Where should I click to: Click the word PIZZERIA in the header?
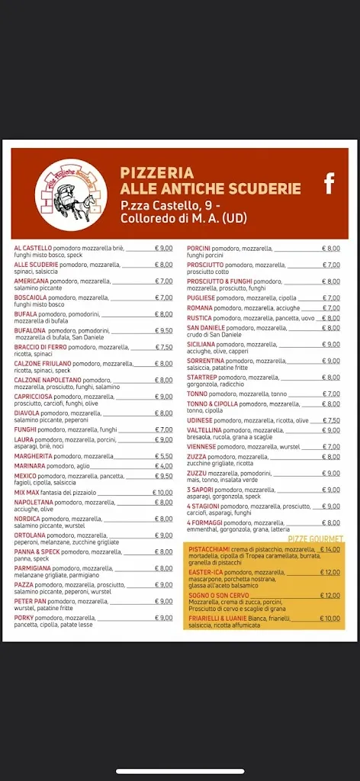click(156, 173)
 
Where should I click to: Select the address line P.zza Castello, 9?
click(170, 206)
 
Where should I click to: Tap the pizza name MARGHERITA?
click(32, 456)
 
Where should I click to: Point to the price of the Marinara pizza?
click(164, 465)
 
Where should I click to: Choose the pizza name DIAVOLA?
click(26, 413)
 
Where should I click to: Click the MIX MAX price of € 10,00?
click(163, 492)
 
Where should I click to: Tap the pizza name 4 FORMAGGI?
click(203, 522)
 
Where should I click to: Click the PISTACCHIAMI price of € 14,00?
click(329, 549)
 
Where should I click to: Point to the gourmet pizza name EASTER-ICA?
click(204, 572)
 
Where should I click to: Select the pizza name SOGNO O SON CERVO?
click(218, 595)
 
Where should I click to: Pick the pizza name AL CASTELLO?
click(33, 248)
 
